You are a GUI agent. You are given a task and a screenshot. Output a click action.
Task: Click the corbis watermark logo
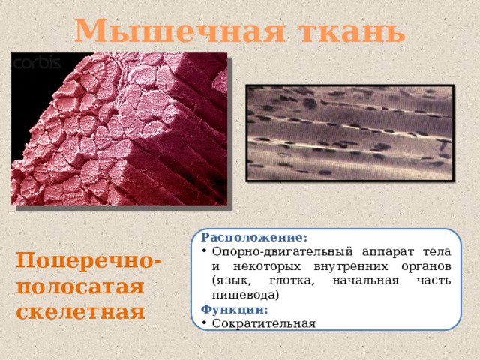(37, 63)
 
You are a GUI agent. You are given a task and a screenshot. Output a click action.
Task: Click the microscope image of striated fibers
(350, 133)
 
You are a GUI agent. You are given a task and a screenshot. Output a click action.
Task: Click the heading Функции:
(235, 309)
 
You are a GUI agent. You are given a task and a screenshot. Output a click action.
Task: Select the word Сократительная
(264, 323)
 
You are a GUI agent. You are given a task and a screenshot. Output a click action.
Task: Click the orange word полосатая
(79, 286)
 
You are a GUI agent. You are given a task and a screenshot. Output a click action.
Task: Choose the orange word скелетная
(80, 311)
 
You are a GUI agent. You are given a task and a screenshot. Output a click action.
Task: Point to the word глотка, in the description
(294, 280)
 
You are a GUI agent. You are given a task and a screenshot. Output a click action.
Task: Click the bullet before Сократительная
(205, 323)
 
